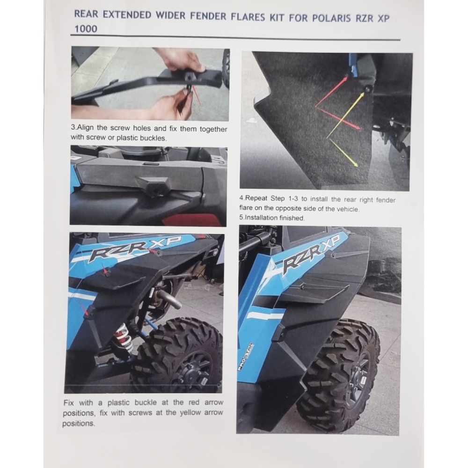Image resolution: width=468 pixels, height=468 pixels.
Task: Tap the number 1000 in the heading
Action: (86, 29)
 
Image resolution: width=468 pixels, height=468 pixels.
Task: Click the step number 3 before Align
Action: (73, 127)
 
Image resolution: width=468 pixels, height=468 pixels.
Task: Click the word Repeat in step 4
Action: (256, 198)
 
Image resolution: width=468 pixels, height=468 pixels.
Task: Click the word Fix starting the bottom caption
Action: (69, 403)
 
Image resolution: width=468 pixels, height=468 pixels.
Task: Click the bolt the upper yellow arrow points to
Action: (368, 88)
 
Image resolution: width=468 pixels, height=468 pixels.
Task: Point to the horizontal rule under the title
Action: (235, 37)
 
